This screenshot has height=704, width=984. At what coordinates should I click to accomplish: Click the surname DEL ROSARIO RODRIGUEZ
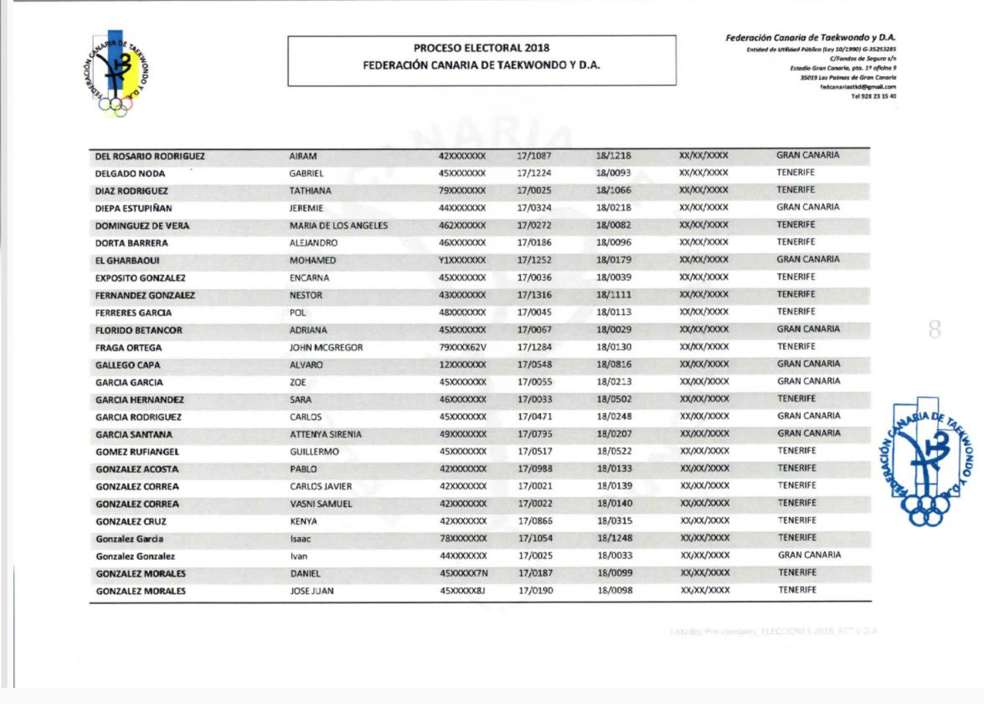click(x=149, y=156)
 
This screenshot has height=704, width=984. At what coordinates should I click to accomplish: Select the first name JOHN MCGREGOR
click(x=326, y=348)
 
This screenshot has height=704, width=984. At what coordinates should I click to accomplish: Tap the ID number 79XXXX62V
click(x=463, y=347)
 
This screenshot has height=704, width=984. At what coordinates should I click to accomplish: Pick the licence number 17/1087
click(x=534, y=156)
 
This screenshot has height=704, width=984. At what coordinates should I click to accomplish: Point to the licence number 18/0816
click(x=613, y=365)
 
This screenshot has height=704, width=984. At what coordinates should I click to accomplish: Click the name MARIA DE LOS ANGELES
click(x=339, y=226)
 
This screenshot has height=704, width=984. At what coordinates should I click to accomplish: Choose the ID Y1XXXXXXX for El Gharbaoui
click(x=462, y=260)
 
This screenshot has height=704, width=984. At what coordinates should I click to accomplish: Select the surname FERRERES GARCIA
click(x=133, y=313)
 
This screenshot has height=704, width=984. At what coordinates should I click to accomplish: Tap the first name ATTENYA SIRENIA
click(x=326, y=434)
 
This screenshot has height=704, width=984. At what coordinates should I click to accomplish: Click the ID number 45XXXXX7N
click(x=464, y=573)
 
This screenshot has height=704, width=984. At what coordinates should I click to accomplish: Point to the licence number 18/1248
click(x=614, y=538)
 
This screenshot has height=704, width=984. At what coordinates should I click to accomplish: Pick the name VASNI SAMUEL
click(x=321, y=504)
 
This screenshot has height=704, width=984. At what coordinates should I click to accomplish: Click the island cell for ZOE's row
click(x=808, y=382)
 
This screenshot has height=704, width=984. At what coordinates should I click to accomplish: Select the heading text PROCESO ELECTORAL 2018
click(x=481, y=48)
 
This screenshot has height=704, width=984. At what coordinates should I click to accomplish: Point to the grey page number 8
click(x=934, y=329)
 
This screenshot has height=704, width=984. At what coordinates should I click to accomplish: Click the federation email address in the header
click(x=857, y=87)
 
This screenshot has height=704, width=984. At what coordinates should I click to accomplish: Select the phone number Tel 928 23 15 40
click(x=873, y=97)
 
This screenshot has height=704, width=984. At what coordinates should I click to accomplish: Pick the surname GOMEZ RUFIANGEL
click(x=137, y=452)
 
